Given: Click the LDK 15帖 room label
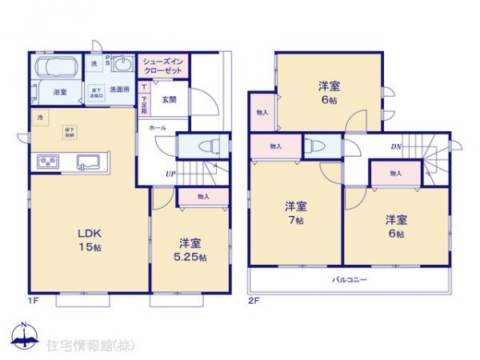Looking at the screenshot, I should (x=88, y=239).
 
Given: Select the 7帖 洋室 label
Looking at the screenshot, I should (x=295, y=213).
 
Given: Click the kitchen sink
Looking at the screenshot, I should (x=89, y=164).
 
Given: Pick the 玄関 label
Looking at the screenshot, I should (x=169, y=100).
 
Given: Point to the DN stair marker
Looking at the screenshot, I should (x=395, y=146).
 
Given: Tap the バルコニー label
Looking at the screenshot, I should (x=350, y=280).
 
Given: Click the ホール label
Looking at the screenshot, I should (x=156, y=127).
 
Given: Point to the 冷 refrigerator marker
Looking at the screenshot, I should (x=39, y=118).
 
